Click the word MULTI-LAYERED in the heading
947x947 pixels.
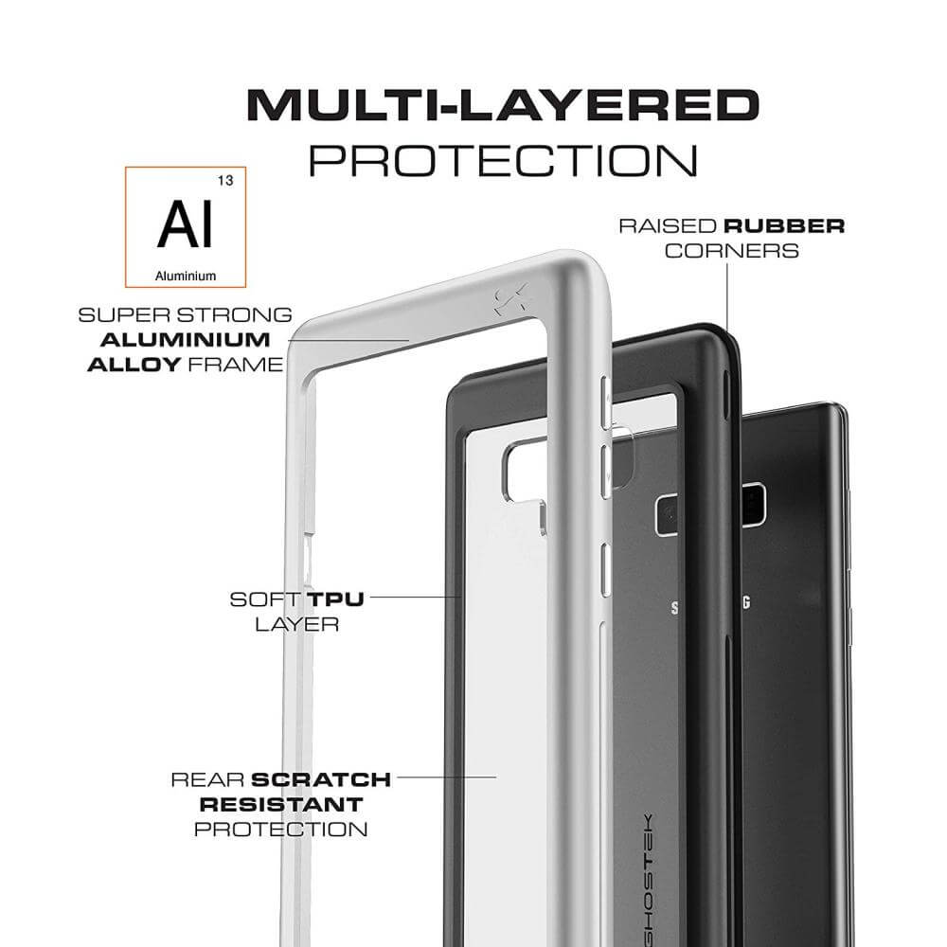503,105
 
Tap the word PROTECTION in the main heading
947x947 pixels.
503,161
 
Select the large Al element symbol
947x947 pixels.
186,224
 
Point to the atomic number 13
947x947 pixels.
225,181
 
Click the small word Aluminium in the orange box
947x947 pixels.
186,276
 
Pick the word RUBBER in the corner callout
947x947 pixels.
784,226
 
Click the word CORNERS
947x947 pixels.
732,251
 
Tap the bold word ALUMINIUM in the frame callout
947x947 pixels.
186,340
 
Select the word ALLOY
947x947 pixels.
134,365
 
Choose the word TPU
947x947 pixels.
335,599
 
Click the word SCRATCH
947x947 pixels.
321,779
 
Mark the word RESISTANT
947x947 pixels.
281,804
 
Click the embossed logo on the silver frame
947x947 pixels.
511,299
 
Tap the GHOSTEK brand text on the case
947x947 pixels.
646,880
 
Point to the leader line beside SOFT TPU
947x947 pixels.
416,597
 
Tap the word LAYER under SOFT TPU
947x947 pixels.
296,624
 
